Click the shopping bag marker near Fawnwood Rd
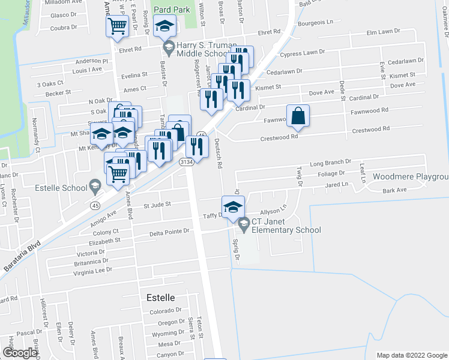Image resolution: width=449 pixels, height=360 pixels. tap(298, 115)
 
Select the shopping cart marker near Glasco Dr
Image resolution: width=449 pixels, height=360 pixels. tap(118, 26)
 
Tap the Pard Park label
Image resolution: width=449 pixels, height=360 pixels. tap(172, 10)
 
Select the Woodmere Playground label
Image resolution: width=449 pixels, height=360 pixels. tap(411, 176)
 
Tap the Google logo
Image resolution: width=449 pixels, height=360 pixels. tap(20, 353)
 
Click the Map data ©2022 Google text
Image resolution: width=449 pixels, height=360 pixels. tap(412, 355)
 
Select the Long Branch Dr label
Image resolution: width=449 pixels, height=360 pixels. tap(330, 163)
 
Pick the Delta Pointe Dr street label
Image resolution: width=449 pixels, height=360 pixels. tap(169, 230)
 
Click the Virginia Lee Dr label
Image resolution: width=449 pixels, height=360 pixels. tap(92, 270)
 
